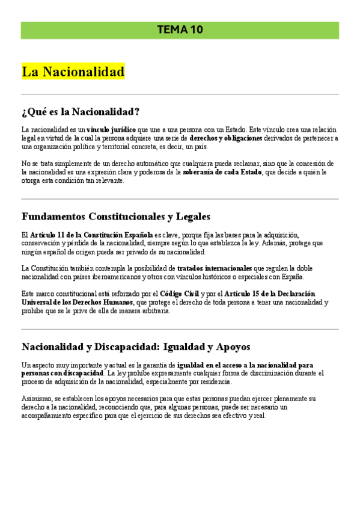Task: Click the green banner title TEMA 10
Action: coord(180,29)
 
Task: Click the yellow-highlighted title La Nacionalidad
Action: coord(73,72)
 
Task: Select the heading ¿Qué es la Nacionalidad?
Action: coord(81,112)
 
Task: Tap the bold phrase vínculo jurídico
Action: coord(111,129)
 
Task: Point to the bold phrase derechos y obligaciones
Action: coord(226,138)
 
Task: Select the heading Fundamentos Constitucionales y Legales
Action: coord(116,217)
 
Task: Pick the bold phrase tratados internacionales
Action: coord(215,268)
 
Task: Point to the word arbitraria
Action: coord(155,311)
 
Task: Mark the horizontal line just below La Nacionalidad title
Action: coord(180,94)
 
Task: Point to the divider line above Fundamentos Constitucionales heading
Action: coord(180,199)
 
